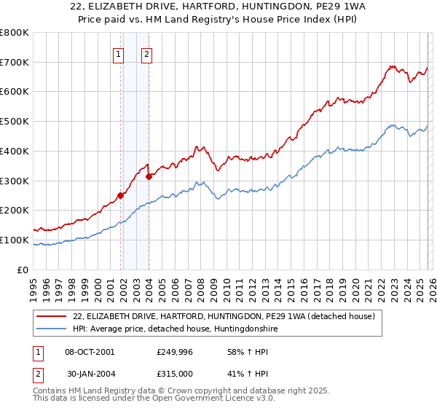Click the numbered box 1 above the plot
(118, 52)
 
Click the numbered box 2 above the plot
(146, 52)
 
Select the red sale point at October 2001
(120, 195)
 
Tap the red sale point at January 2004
(149, 176)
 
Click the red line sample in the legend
(52, 316)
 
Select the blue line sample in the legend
(52, 329)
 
